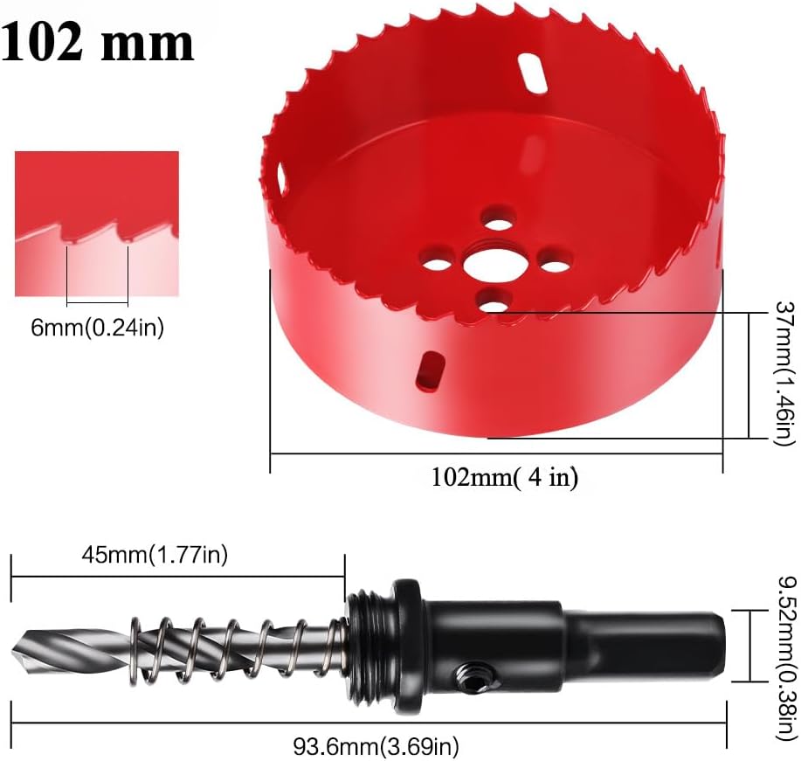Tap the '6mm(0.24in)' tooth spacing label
(x=98, y=327)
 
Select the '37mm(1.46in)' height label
(x=786, y=374)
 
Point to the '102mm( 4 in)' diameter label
(x=505, y=477)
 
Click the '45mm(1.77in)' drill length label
(x=155, y=554)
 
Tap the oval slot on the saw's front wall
(x=430, y=370)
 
